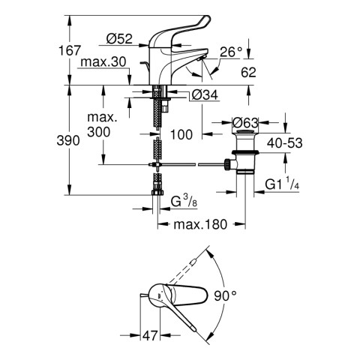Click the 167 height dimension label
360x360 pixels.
tap(69, 51)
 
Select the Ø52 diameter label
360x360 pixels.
tap(119, 39)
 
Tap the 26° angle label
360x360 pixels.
tap(231, 52)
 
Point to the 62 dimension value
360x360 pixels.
tap(248, 72)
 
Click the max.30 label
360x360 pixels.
tap(103, 62)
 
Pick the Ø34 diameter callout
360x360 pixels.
tap(205, 94)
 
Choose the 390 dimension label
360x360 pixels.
tap(68, 140)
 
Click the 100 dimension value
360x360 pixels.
tap(181, 134)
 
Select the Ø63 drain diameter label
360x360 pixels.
tap(245, 123)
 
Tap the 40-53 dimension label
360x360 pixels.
tap(284, 143)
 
